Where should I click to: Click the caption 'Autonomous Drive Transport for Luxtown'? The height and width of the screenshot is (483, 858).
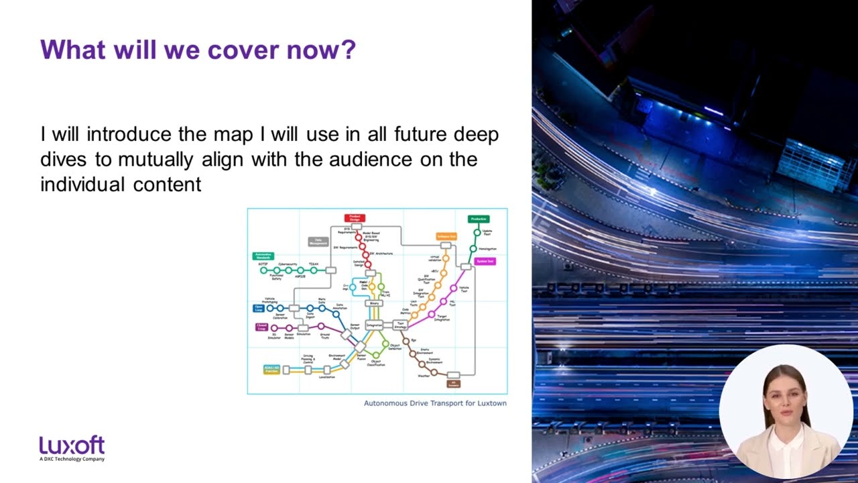435,403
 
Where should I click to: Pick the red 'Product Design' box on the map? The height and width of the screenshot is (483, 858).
355,218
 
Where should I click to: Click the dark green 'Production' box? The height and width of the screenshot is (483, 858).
478,219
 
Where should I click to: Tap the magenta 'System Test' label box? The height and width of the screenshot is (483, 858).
485,261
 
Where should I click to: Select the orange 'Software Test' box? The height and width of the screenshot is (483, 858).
446,236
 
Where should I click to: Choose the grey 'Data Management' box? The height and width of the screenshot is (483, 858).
318,241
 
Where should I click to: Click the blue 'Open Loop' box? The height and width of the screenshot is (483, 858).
259,308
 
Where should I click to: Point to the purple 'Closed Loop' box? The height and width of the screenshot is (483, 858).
261,327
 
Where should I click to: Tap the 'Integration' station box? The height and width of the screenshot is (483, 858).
374,325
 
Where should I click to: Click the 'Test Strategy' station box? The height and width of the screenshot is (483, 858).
401,325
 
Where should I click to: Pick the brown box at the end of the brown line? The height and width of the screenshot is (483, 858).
454,384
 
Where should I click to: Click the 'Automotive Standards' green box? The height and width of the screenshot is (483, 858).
263,256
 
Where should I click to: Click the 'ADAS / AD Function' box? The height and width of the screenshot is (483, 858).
271,369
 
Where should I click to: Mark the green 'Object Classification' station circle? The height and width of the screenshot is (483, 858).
376,355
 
